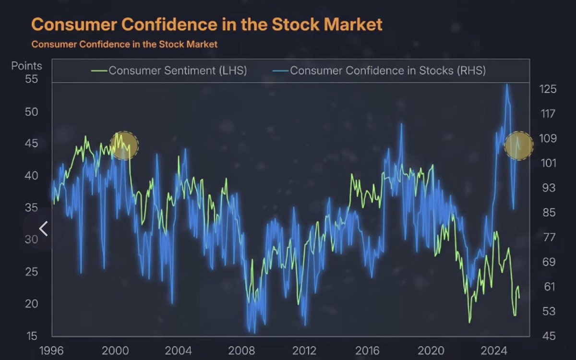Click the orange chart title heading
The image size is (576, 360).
(207, 24)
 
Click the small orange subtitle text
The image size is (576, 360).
(124, 44)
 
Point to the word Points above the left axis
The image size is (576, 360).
(27, 66)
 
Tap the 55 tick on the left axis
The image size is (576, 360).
(31, 79)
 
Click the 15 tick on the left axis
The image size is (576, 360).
(31, 335)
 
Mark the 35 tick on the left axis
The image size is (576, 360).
(31, 207)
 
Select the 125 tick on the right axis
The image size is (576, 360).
(548, 89)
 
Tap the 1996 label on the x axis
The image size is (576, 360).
(51, 350)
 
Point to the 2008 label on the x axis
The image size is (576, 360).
(241, 350)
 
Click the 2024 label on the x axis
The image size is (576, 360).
(495, 350)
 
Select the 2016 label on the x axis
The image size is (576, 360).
(368, 350)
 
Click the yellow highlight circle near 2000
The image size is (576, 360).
(124, 145)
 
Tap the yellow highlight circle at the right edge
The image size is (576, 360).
(519, 145)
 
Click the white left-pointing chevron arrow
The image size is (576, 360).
(43, 229)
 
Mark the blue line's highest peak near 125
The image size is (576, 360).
(506, 85)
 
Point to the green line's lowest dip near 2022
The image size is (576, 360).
(469, 322)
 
